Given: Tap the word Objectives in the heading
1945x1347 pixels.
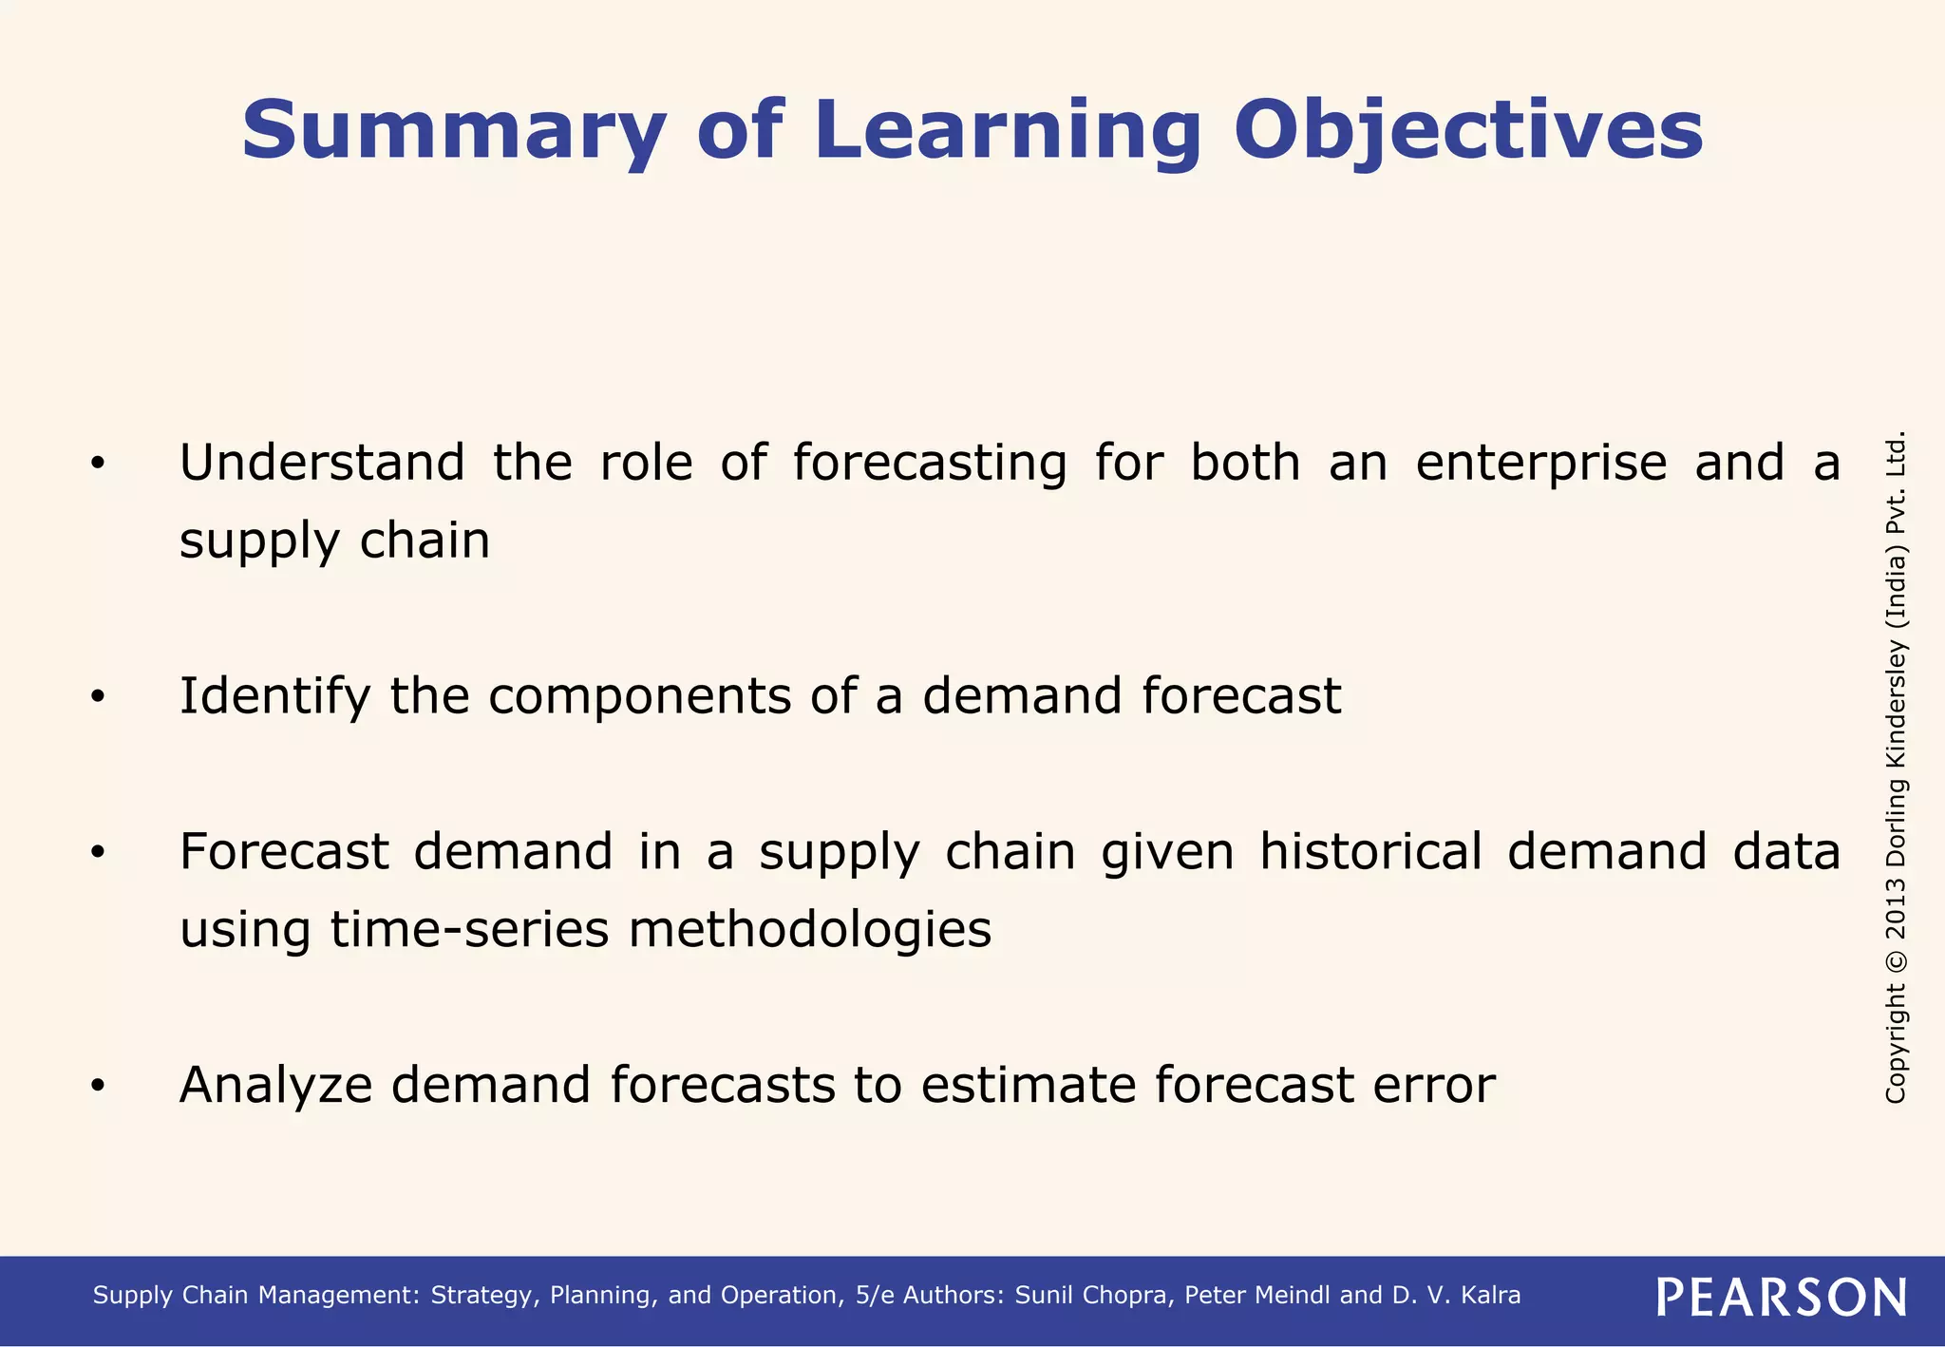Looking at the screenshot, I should coord(1468,130).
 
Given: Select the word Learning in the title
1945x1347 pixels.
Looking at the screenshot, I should coord(1008,130).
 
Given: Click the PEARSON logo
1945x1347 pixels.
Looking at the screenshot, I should coord(1782,1297).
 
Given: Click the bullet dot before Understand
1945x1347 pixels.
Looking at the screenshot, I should coord(97,465).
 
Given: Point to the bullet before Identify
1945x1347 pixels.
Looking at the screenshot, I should coord(97,697).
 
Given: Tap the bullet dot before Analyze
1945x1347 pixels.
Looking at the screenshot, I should coord(97,1086).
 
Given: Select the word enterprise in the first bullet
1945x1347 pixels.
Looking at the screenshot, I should coord(1541,464).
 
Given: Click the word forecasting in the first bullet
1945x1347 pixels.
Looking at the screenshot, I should coord(930,464).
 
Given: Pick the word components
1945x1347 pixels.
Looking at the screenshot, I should coord(639,696).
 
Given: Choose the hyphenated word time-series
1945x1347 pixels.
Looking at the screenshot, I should coord(469,929).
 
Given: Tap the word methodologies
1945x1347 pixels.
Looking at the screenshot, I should coord(810,929).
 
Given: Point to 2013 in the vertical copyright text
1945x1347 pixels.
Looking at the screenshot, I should coord(1896,912).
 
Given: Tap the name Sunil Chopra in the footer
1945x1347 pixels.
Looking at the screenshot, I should coord(1093,1296).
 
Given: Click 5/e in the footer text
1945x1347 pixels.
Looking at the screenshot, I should coord(875,1296).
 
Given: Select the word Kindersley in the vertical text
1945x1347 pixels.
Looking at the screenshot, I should coord(1896,704).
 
